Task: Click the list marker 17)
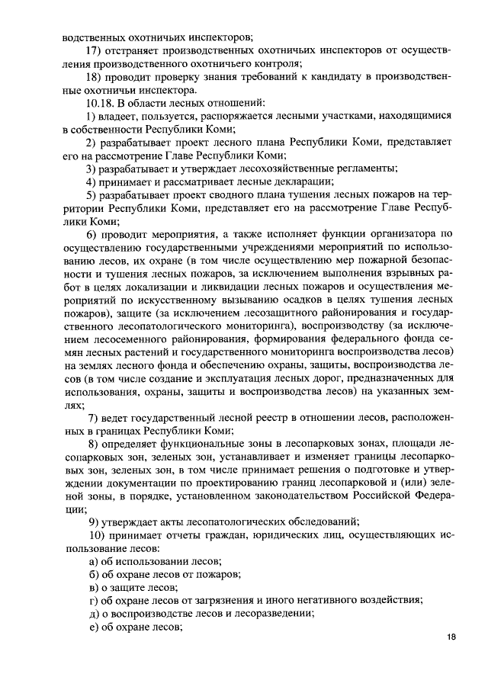click(x=95, y=51)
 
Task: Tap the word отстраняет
click(x=139, y=51)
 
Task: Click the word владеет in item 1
click(x=120, y=116)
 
